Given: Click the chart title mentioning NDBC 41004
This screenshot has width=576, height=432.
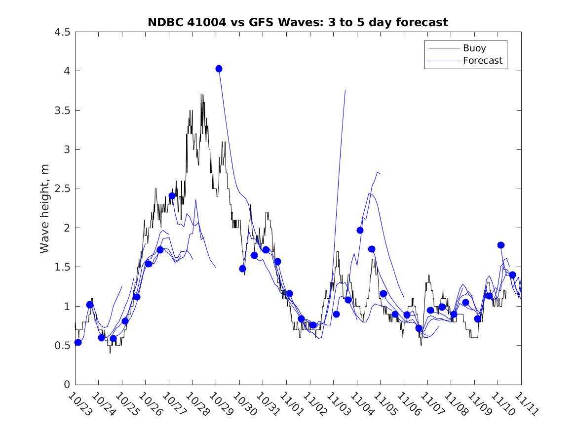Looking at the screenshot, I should pyautogui.click(x=298, y=22).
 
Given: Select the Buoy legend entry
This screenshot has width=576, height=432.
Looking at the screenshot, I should pyautogui.click(x=474, y=48).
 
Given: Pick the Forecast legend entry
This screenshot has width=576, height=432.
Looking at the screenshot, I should pyautogui.click(x=482, y=61).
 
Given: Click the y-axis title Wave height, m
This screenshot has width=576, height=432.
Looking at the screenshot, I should pyautogui.click(x=45, y=208).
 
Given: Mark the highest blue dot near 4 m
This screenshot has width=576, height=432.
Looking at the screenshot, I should pyautogui.click(x=219, y=69).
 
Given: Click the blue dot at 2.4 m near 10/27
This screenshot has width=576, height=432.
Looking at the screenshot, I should pyautogui.click(x=172, y=196).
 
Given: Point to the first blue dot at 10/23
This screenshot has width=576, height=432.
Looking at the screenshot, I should pyautogui.click(x=78, y=342).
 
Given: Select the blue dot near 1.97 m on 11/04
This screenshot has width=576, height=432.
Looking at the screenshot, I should pyautogui.click(x=360, y=230).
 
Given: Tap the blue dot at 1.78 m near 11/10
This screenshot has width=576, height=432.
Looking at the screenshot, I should pyautogui.click(x=500, y=245).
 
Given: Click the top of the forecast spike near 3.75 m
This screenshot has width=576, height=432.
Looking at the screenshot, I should pyautogui.click(x=345, y=90).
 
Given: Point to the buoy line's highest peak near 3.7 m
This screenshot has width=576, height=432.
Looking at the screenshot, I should pyautogui.click(x=202, y=95).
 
